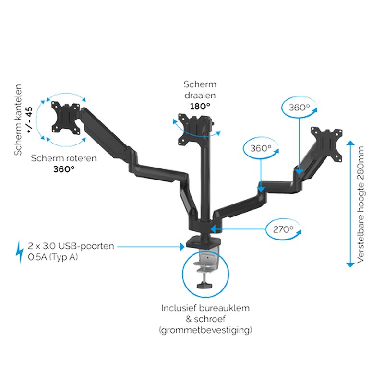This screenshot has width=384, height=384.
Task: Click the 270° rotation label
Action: coord(283,229)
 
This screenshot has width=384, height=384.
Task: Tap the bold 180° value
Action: coord(200,106)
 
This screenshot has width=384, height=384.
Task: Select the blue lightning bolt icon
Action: coord(20,252)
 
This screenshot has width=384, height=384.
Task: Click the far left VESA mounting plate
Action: coord(66,118)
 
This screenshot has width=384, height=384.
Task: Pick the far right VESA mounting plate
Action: coord(327,143)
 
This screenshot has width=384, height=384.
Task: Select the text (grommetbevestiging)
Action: coord(205,330)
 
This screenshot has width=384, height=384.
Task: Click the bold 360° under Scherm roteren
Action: coord(64,169)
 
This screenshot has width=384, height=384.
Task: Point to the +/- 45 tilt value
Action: coord(29,120)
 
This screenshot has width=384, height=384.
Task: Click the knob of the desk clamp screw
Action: coord(204,286)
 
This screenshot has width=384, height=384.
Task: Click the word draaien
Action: coord(200,95)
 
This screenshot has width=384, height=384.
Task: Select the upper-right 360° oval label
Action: coord(299,108)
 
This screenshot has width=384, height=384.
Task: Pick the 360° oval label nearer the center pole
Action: coord(261,148)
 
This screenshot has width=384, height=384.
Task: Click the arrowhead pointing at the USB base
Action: coord(182,247)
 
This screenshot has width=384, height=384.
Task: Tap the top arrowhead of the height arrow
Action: coord(350,143)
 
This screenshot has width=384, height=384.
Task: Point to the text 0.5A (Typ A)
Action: coord(53,257)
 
